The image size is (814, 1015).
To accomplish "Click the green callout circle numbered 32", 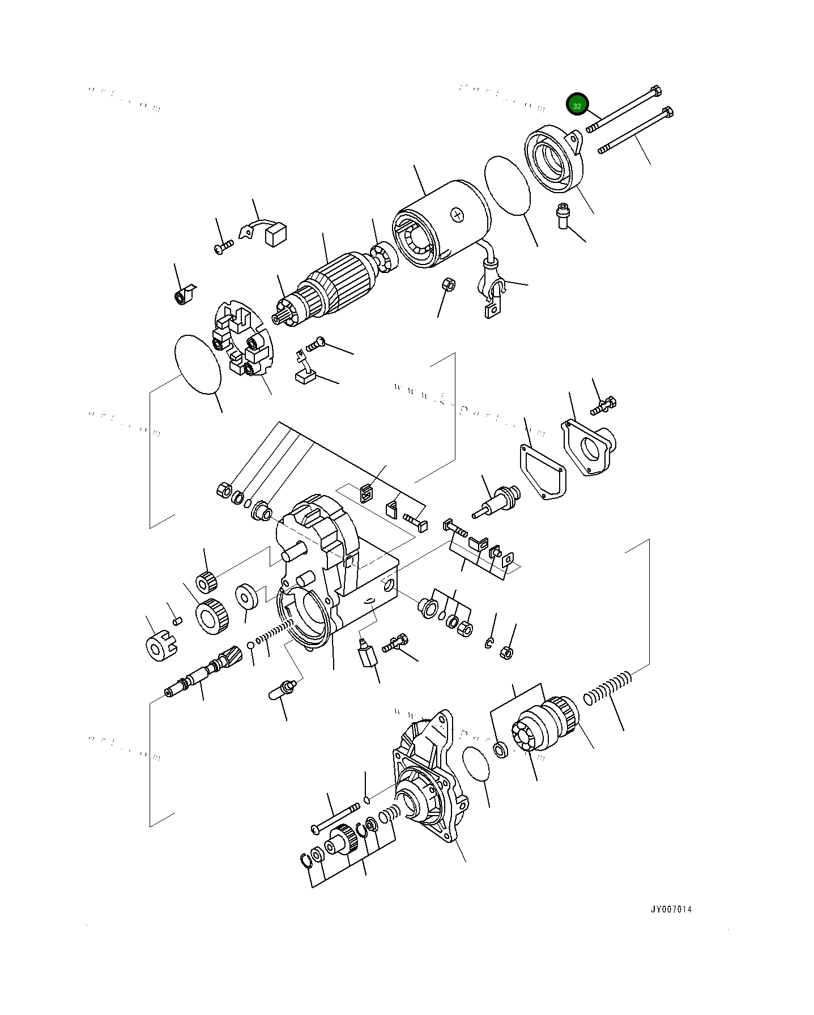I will [x=577, y=105].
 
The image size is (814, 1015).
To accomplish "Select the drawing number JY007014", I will [x=671, y=909].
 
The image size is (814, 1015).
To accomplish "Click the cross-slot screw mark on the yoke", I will [x=458, y=214].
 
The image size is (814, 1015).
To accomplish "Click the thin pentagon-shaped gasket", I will [x=543, y=472].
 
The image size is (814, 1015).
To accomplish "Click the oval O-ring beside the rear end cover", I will [x=508, y=185].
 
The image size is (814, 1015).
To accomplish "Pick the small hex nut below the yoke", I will [x=448, y=284].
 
